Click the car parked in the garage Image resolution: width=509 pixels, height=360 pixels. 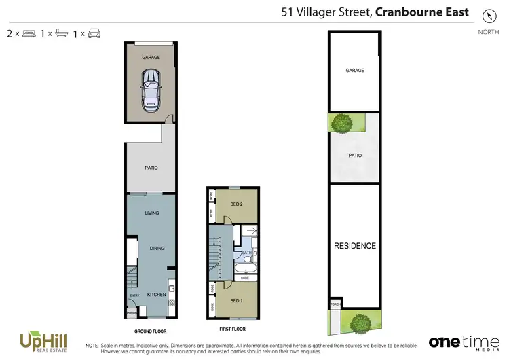(151, 92)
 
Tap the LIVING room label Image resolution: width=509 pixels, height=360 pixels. (151, 213)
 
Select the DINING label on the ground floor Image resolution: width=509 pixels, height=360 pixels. (157, 248)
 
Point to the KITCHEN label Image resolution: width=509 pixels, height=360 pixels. (157, 295)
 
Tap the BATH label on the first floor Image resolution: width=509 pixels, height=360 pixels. (246, 253)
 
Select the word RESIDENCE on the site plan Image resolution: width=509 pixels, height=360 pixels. (354, 246)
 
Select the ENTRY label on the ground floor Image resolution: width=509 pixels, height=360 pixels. (134, 295)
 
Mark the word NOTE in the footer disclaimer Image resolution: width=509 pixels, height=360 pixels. (92, 346)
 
